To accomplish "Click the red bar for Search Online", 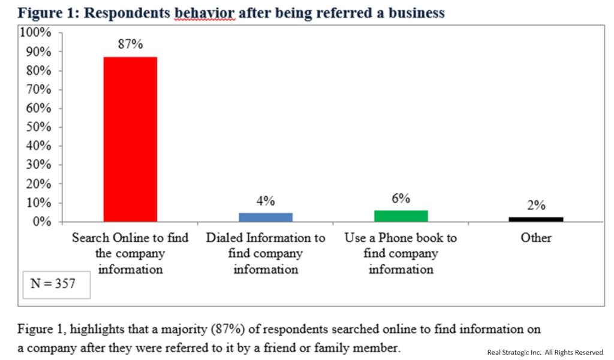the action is pyautogui.click(x=130, y=139).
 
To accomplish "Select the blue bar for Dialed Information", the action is pyautogui.click(x=266, y=217).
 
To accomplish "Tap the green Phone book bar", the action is pyautogui.click(x=401, y=216).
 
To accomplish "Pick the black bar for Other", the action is pyautogui.click(x=536, y=220).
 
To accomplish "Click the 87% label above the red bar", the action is pyautogui.click(x=130, y=44).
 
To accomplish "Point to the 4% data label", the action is pyautogui.click(x=266, y=200).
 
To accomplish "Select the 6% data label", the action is pyautogui.click(x=401, y=198).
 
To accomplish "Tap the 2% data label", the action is pyautogui.click(x=536, y=205).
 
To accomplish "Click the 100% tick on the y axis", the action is pyautogui.click(x=35, y=32).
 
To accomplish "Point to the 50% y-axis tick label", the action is pyautogui.click(x=38, y=127).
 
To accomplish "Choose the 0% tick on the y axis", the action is pyautogui.click(x=41, y=222).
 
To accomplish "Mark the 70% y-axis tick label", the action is pyautogui.click(x=38, y=89).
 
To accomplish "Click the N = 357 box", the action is pyautogui.click(x=56, y=285).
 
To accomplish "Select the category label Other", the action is pyautogui.click(x=536, y=238).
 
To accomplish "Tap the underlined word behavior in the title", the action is pyautogui.click(x=204, y=13).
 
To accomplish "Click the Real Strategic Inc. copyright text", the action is pyautogui.click(x=545, y=352).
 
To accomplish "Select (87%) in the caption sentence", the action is pyautogui.click(x=228, y=329).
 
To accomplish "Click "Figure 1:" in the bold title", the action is pyautogui.click(x=49, y=13).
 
